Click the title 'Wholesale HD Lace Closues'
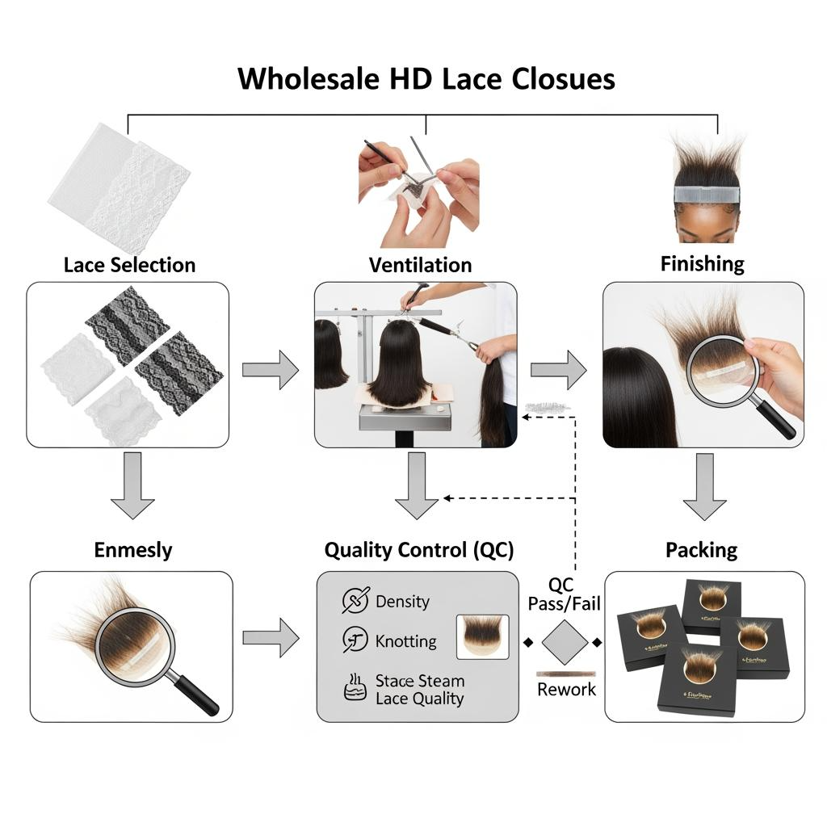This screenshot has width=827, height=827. pos(426,78)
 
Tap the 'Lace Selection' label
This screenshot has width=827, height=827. pos(129,265)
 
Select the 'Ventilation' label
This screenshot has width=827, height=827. pos(420,265)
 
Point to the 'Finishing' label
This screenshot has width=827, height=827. pos(702,263)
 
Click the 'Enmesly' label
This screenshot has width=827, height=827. pos(133,551)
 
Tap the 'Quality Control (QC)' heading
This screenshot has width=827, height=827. pos(418,551)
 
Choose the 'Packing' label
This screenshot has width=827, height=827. pos(701,551)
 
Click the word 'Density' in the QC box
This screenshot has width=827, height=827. pos(402,602)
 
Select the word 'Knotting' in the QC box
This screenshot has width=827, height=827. pos(405,642)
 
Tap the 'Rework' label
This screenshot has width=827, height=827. pos(566,690)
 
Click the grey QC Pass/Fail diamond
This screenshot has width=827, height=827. pos(563,643)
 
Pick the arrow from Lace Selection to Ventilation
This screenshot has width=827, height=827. pos(271,369)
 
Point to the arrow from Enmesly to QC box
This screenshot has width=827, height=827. pos(271,638)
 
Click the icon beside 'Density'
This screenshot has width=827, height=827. pos(355,601)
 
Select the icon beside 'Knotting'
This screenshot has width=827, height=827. pos(355,640)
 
